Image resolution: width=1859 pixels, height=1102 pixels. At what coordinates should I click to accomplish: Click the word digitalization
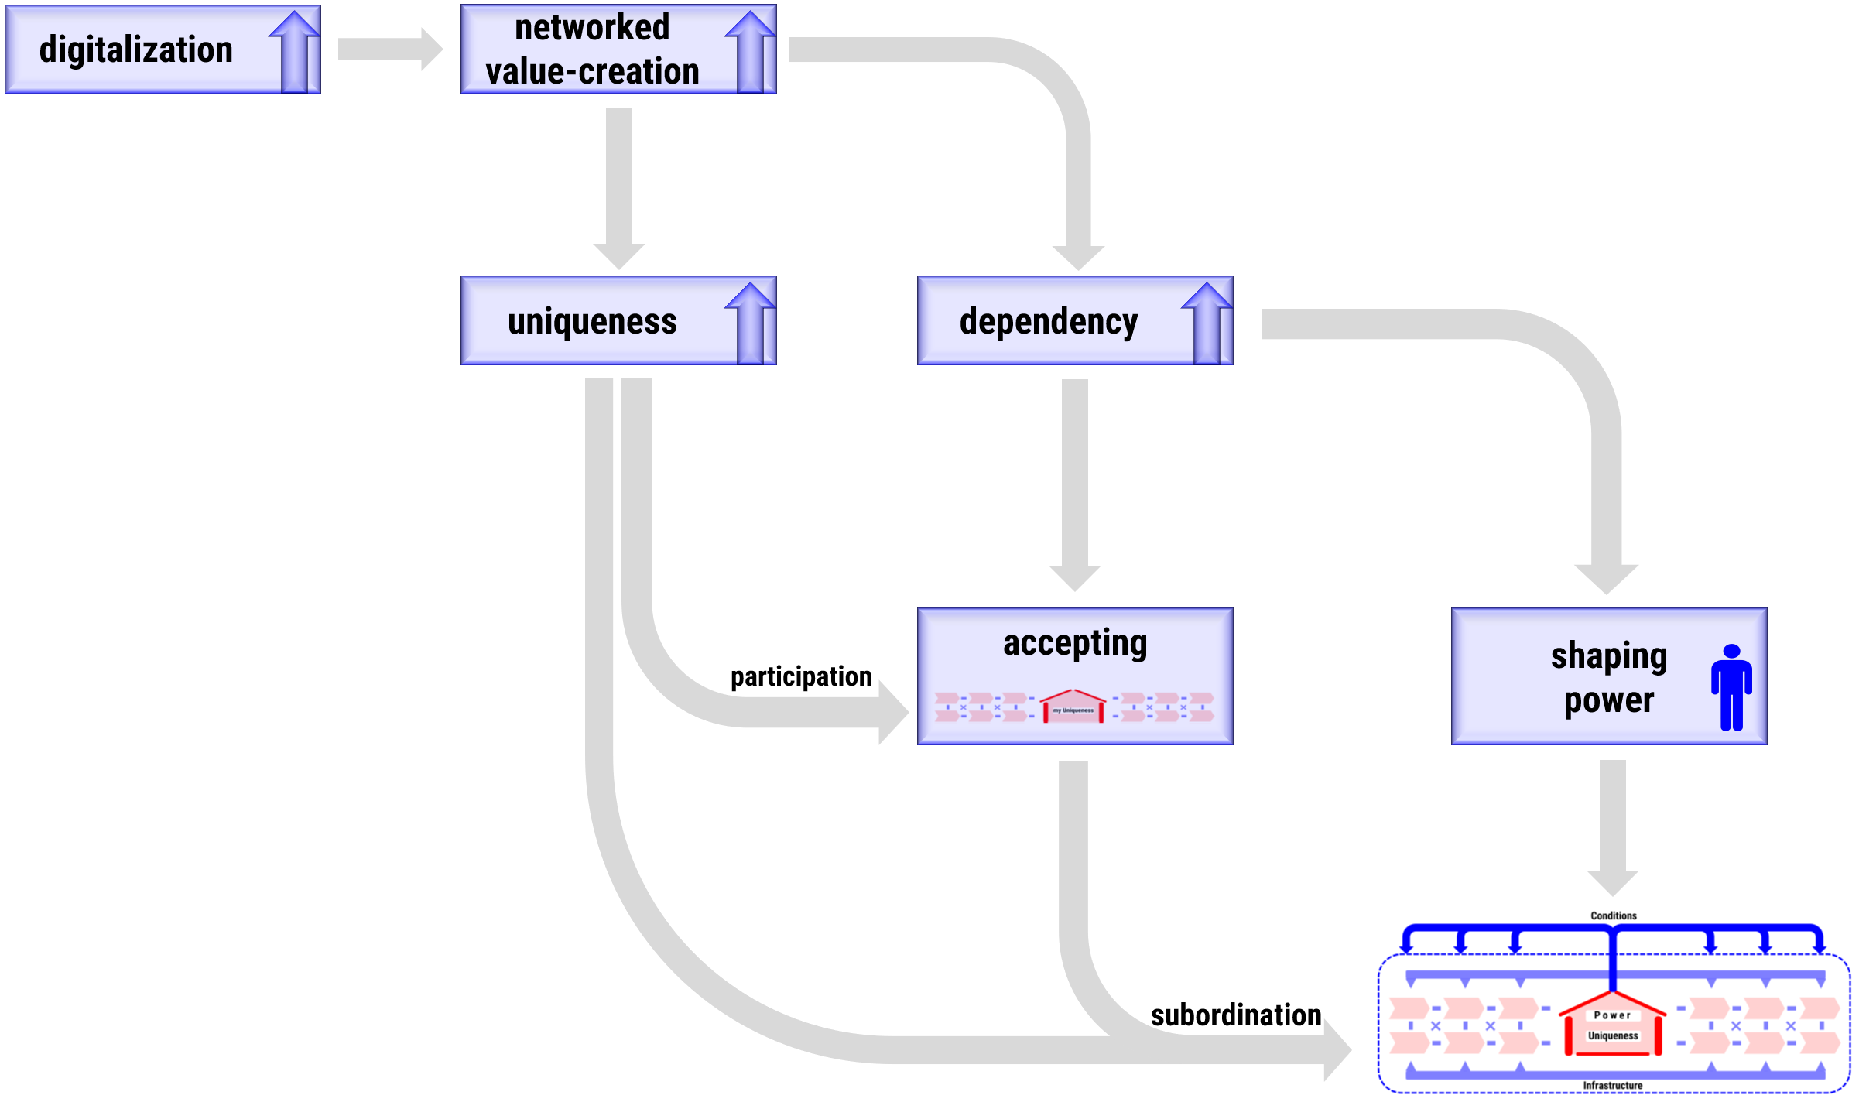136,50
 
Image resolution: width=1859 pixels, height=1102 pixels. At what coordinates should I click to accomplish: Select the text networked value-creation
592,50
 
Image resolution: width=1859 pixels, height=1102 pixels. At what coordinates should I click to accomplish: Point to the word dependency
1049,321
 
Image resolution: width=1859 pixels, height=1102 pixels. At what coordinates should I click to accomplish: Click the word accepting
1075,643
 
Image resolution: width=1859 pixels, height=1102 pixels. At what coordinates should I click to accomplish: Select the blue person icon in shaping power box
1731,687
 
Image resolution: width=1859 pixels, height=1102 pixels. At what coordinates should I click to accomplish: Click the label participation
801,676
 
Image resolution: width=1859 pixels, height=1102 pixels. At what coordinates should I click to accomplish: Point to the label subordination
1236,1015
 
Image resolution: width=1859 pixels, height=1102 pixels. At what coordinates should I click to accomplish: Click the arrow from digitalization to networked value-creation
390,50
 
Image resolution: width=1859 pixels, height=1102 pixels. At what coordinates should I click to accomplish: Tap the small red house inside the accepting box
1073,707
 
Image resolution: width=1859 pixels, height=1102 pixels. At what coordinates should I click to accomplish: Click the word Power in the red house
1612,1015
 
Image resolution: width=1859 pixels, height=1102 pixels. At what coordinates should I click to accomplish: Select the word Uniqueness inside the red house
1613,1035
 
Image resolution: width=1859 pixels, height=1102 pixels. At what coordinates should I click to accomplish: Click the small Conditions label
1614,915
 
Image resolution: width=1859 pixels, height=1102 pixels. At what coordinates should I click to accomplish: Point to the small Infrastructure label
1612,1086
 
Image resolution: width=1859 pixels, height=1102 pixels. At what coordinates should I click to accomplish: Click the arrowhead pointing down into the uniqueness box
619,255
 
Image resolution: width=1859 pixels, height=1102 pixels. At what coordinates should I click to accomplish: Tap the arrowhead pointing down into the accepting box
1075,577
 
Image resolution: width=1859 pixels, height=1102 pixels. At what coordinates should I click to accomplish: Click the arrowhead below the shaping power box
1613,882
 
